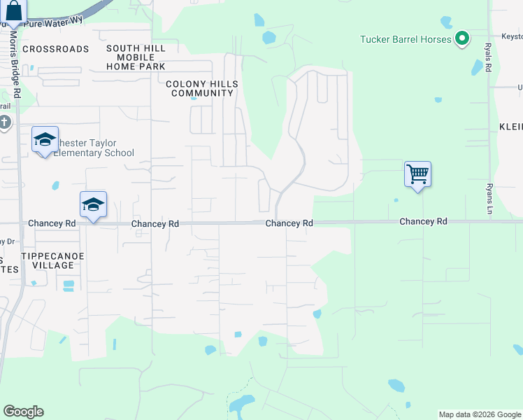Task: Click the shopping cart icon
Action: pyautogui.click(x=417, y=172)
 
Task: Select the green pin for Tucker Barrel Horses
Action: pyautogui.click(x=461, y=39)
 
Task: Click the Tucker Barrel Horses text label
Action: pyautogui.click(x=406, y=39)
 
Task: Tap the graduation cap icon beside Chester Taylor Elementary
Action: pyautogui.click(x=44, y=141)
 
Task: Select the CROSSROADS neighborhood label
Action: pyautogui.click(x=56, y=49)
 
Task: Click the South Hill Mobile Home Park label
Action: pyautogui.click(x=136, y=57)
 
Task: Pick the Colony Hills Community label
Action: pyautogui.click(x=202, y=88)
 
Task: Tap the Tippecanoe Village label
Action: pyautogui.click(x=52, y=260)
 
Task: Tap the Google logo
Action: pyautogui.click(x=23, y=412)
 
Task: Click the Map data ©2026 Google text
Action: pyautogui.click(x=479, y=414)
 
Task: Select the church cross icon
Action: pyautogui.click(x=4, y=123)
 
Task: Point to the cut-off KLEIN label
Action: pyautogui.click(x=511, y=127)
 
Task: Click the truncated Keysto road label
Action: pyautogui.click(x=511, y=35)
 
